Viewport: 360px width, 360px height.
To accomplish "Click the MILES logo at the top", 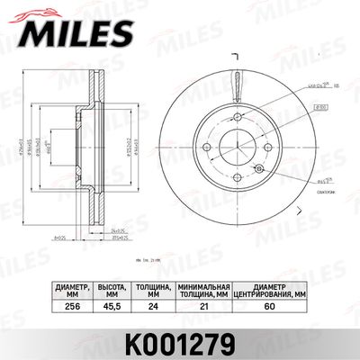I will (x=67, y=33).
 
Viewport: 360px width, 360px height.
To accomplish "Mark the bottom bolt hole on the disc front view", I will (x=232, y=173).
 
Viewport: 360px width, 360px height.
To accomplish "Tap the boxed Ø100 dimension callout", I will (x=319, y=106).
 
